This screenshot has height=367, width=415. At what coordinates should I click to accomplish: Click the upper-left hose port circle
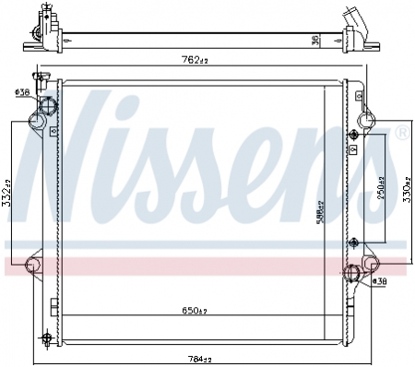tap(42, 116)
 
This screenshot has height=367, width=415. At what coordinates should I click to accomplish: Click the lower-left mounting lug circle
tap(32, 266)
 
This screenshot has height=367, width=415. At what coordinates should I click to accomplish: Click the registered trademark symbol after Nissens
tap(400, 135)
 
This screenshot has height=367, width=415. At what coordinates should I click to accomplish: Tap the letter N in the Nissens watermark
tap(69, 152)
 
